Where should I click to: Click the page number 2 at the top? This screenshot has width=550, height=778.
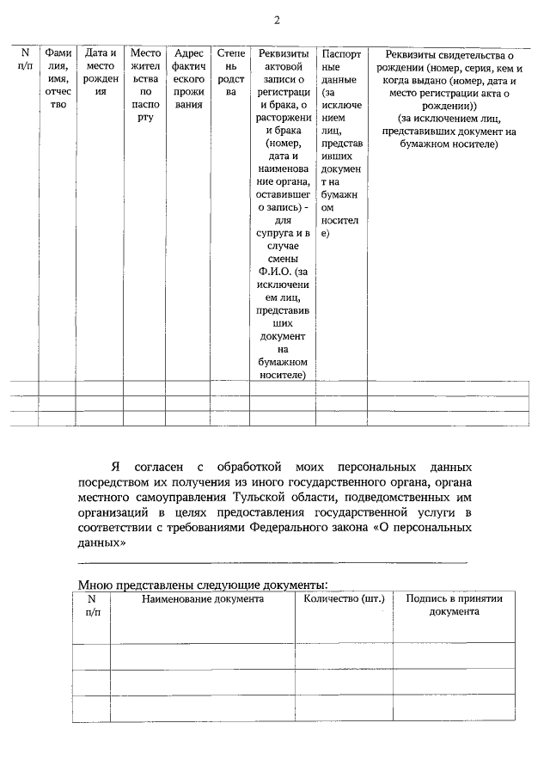(276, 21)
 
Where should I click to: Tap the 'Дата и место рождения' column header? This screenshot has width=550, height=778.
(101, 72)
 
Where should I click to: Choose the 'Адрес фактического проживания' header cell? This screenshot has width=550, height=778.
(188, 79)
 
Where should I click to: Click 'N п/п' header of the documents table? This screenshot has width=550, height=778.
(92, 604)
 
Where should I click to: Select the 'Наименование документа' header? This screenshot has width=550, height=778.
(203, 598)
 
